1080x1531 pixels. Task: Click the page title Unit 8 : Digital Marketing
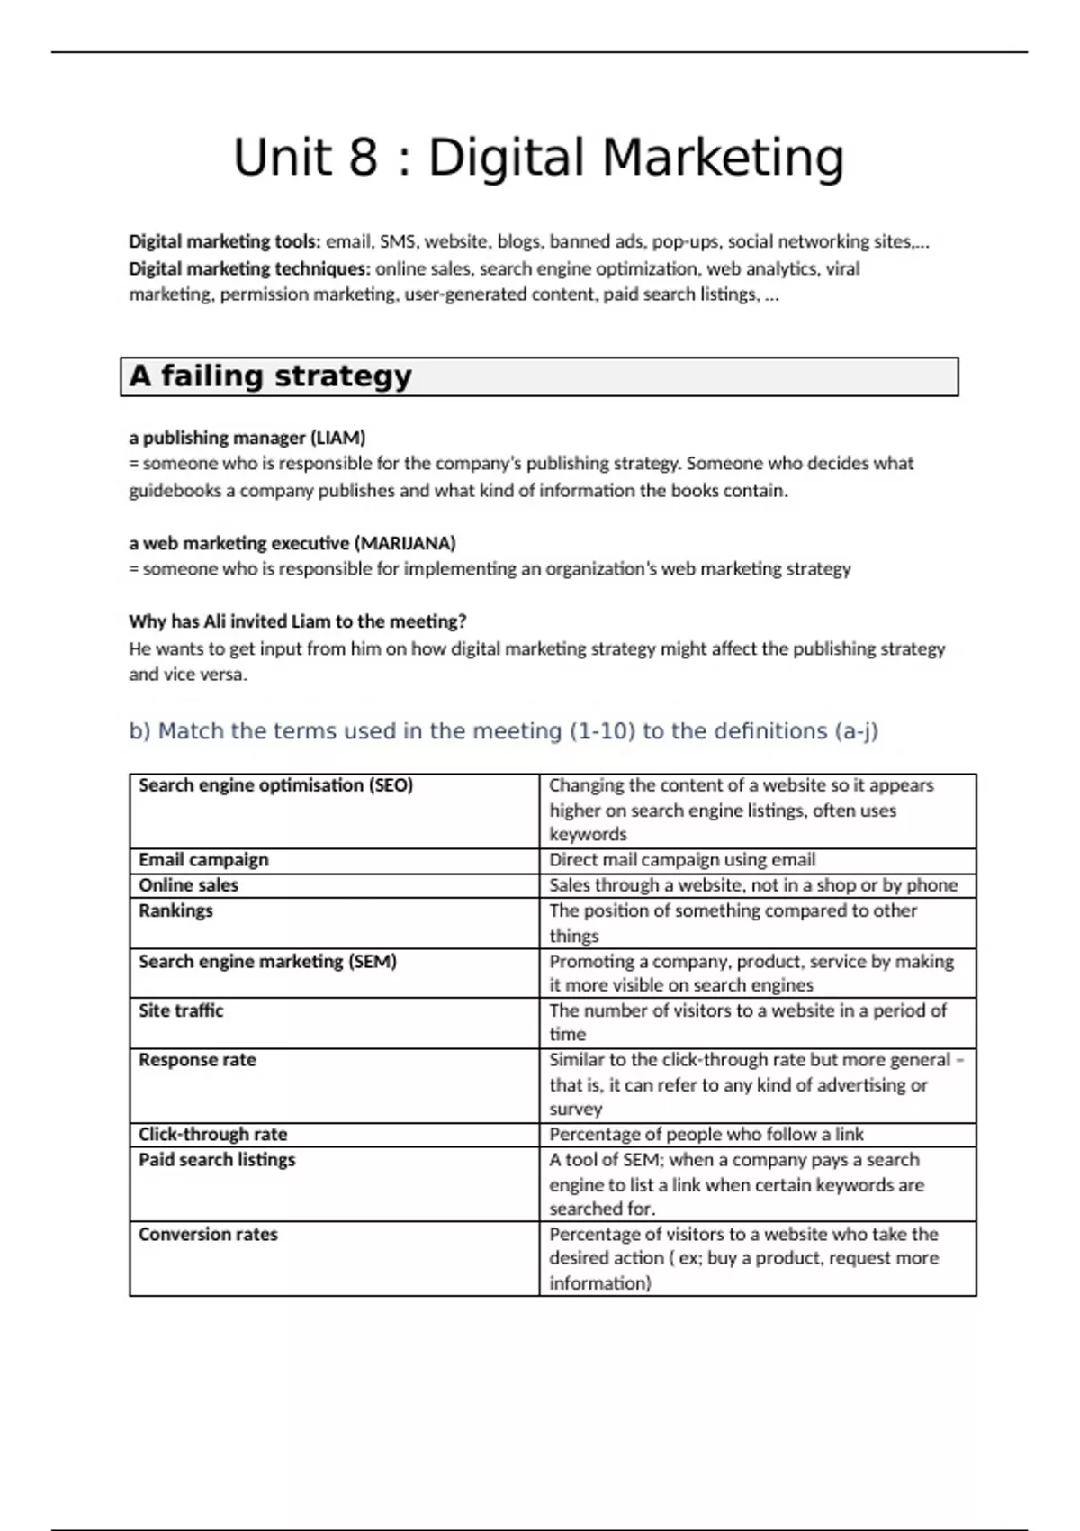coord(538,158)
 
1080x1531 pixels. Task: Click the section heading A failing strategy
coord(270,376)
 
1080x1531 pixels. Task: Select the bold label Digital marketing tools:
coord(224,241)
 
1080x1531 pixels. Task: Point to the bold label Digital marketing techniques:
coord(249,268)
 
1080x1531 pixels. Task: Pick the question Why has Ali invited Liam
coord(297,621)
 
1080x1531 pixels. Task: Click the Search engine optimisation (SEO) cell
coord(275,785)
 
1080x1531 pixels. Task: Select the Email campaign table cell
coord(203,860)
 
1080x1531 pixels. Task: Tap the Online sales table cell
coord(188,885)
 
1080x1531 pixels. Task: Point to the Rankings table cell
coord(175,910)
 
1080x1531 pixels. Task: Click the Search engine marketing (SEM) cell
coord(267,961)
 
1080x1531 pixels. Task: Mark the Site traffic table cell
coord(181,1010)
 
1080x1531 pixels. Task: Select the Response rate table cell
coord(197,1060)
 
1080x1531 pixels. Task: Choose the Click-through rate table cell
coord(212,1134)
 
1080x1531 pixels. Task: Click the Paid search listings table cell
coord(217,1160)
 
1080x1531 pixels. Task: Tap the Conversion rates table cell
coord(208,1234)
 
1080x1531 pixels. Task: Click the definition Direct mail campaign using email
coord(682,860)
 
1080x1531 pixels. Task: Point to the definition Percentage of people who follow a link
coord(706,1134)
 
